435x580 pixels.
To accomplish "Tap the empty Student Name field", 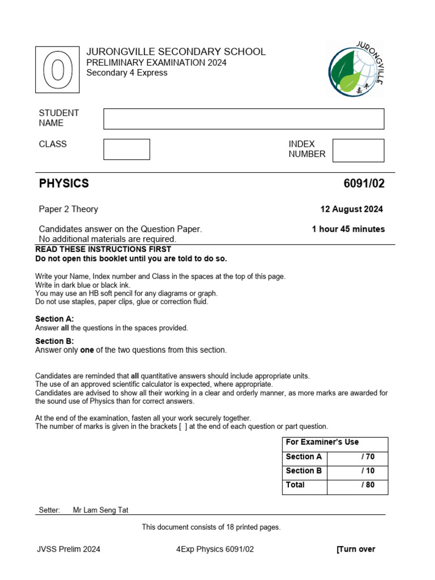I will [x=244, y=119].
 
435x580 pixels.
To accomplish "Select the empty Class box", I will [x=126, y=150].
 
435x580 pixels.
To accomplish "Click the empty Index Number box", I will [x=358, y=151].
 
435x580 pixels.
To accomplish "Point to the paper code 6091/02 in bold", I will [x=364, y=184].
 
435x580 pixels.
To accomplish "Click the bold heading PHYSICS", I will [x=64, y=184].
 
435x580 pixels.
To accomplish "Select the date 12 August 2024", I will [x=351, y=209].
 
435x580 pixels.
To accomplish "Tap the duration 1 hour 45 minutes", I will [x=348, y=229].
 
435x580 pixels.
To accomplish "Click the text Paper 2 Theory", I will [x=69, y=209].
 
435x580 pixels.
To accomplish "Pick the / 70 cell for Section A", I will [x=367, y=457].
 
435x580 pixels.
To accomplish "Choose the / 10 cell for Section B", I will [x=367, y=471].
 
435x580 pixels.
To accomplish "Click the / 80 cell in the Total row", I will [x=367, y=485].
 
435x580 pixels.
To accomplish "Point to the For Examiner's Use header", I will [x=322, y=442].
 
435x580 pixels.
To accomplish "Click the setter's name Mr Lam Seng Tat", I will [x=101, y=510].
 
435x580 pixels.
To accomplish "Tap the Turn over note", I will [x=356, y=549].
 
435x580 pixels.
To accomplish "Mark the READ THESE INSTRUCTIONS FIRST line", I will [x=103, y=249].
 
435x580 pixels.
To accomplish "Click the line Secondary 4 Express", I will [x=127, y=72].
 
